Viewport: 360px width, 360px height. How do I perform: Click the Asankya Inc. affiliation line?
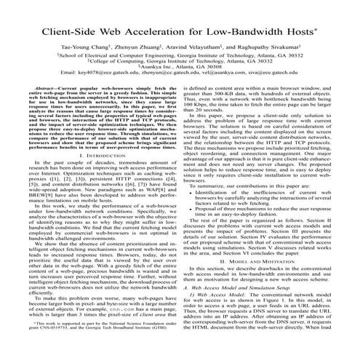click(180, 76)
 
